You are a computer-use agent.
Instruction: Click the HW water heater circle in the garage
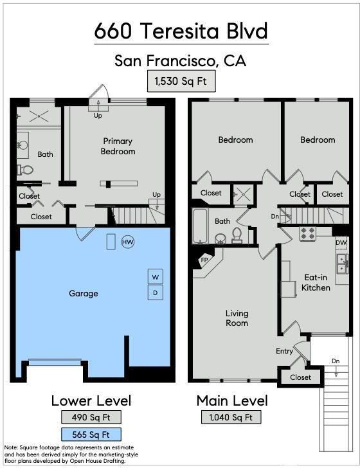(128, 242)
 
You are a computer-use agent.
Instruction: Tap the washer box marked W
(155, 276)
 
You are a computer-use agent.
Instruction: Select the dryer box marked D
(155, 292)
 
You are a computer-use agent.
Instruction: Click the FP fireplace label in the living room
(204, 260)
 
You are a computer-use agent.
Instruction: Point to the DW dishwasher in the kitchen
(341, 242)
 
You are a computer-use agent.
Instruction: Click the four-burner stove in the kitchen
(308, 234)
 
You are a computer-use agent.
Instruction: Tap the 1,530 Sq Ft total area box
(181, 81)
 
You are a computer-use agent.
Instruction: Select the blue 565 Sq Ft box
(91, 435)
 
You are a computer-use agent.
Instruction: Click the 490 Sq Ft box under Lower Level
(91, 417)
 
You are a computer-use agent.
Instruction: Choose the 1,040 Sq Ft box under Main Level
(231, 417)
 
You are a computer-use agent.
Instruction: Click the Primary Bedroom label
(118, 147)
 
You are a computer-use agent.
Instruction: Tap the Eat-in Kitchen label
(316, 282)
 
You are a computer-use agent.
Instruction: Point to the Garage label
(84, 293)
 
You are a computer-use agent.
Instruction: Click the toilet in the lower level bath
(25, 170)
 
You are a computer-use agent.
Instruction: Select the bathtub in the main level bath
(200, 226)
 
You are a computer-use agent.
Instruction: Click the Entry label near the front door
(284, 351)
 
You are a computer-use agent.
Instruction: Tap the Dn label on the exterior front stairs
(336, 361)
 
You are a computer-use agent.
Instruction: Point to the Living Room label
(237, 318)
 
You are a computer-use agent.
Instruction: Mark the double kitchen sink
(342, 264)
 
